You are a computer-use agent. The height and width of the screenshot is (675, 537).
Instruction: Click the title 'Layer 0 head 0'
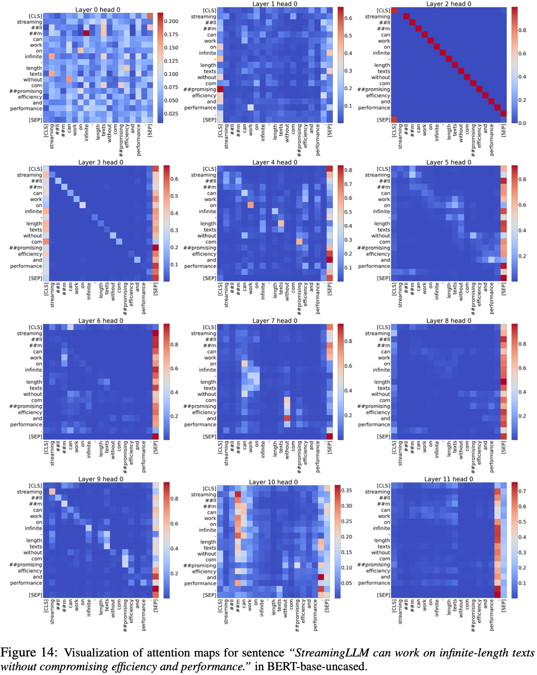tap(98, 9)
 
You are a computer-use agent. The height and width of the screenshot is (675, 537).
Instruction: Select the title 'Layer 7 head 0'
tap(274, 321)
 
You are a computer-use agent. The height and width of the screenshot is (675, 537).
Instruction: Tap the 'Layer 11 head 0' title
tap(449, 479)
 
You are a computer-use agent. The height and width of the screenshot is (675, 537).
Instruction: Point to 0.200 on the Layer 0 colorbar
tap(171, 21)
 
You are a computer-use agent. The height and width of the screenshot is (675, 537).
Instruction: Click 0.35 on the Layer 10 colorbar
tap(347, 490)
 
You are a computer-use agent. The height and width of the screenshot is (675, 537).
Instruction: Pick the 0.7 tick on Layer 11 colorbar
tap(522, 491)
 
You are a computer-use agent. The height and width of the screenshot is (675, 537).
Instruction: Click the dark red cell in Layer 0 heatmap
tap(86, 33)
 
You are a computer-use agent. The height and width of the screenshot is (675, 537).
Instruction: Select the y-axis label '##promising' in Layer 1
tap(200, 89)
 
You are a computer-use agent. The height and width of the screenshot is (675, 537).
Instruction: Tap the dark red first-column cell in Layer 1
tap(220, 89)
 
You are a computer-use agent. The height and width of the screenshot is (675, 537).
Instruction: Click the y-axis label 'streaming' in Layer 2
tap(377, 17)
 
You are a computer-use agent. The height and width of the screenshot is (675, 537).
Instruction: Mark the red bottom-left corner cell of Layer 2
tap(394, 120)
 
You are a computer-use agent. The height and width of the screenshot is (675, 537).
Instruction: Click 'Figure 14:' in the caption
tap(28, 653)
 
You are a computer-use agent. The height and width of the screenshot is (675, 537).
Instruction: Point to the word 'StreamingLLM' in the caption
tap(331, 653)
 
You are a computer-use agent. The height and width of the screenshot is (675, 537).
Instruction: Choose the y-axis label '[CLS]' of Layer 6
tap(35, 327)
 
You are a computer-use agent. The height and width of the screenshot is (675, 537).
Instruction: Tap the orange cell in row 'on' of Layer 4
tap(250, 205)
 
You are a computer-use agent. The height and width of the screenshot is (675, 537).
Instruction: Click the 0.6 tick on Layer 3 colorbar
tap(174, 179)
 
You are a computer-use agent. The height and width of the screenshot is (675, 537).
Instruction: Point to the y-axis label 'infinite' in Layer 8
tap(381, 370)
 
